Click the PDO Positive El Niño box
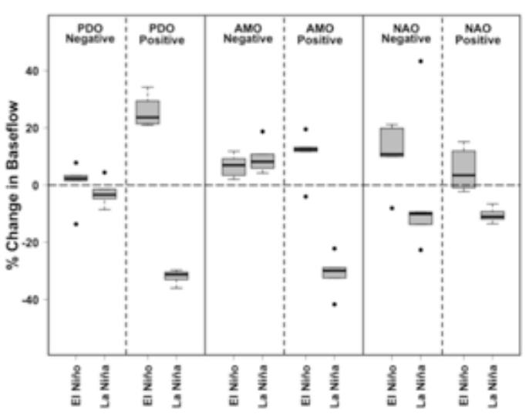[x=147, y=112]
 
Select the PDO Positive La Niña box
[x=177, y=275]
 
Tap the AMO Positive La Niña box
[x=334, y=272]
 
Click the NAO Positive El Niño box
[x=463, y=168]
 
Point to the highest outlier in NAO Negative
[x=421, y=61]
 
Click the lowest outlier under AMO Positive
[x=334, y=305]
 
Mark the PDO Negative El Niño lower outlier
[x=76, y=224]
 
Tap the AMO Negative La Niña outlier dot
[x=262, y=132]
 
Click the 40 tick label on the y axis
[x=33, y=71]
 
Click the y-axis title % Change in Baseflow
[x=12, y=185]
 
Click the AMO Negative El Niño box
[x=233, y=167]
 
